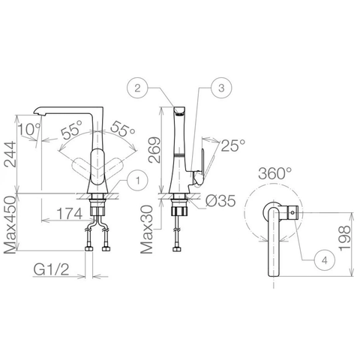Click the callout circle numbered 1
pos(136,178)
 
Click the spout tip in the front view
pos(40,112)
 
